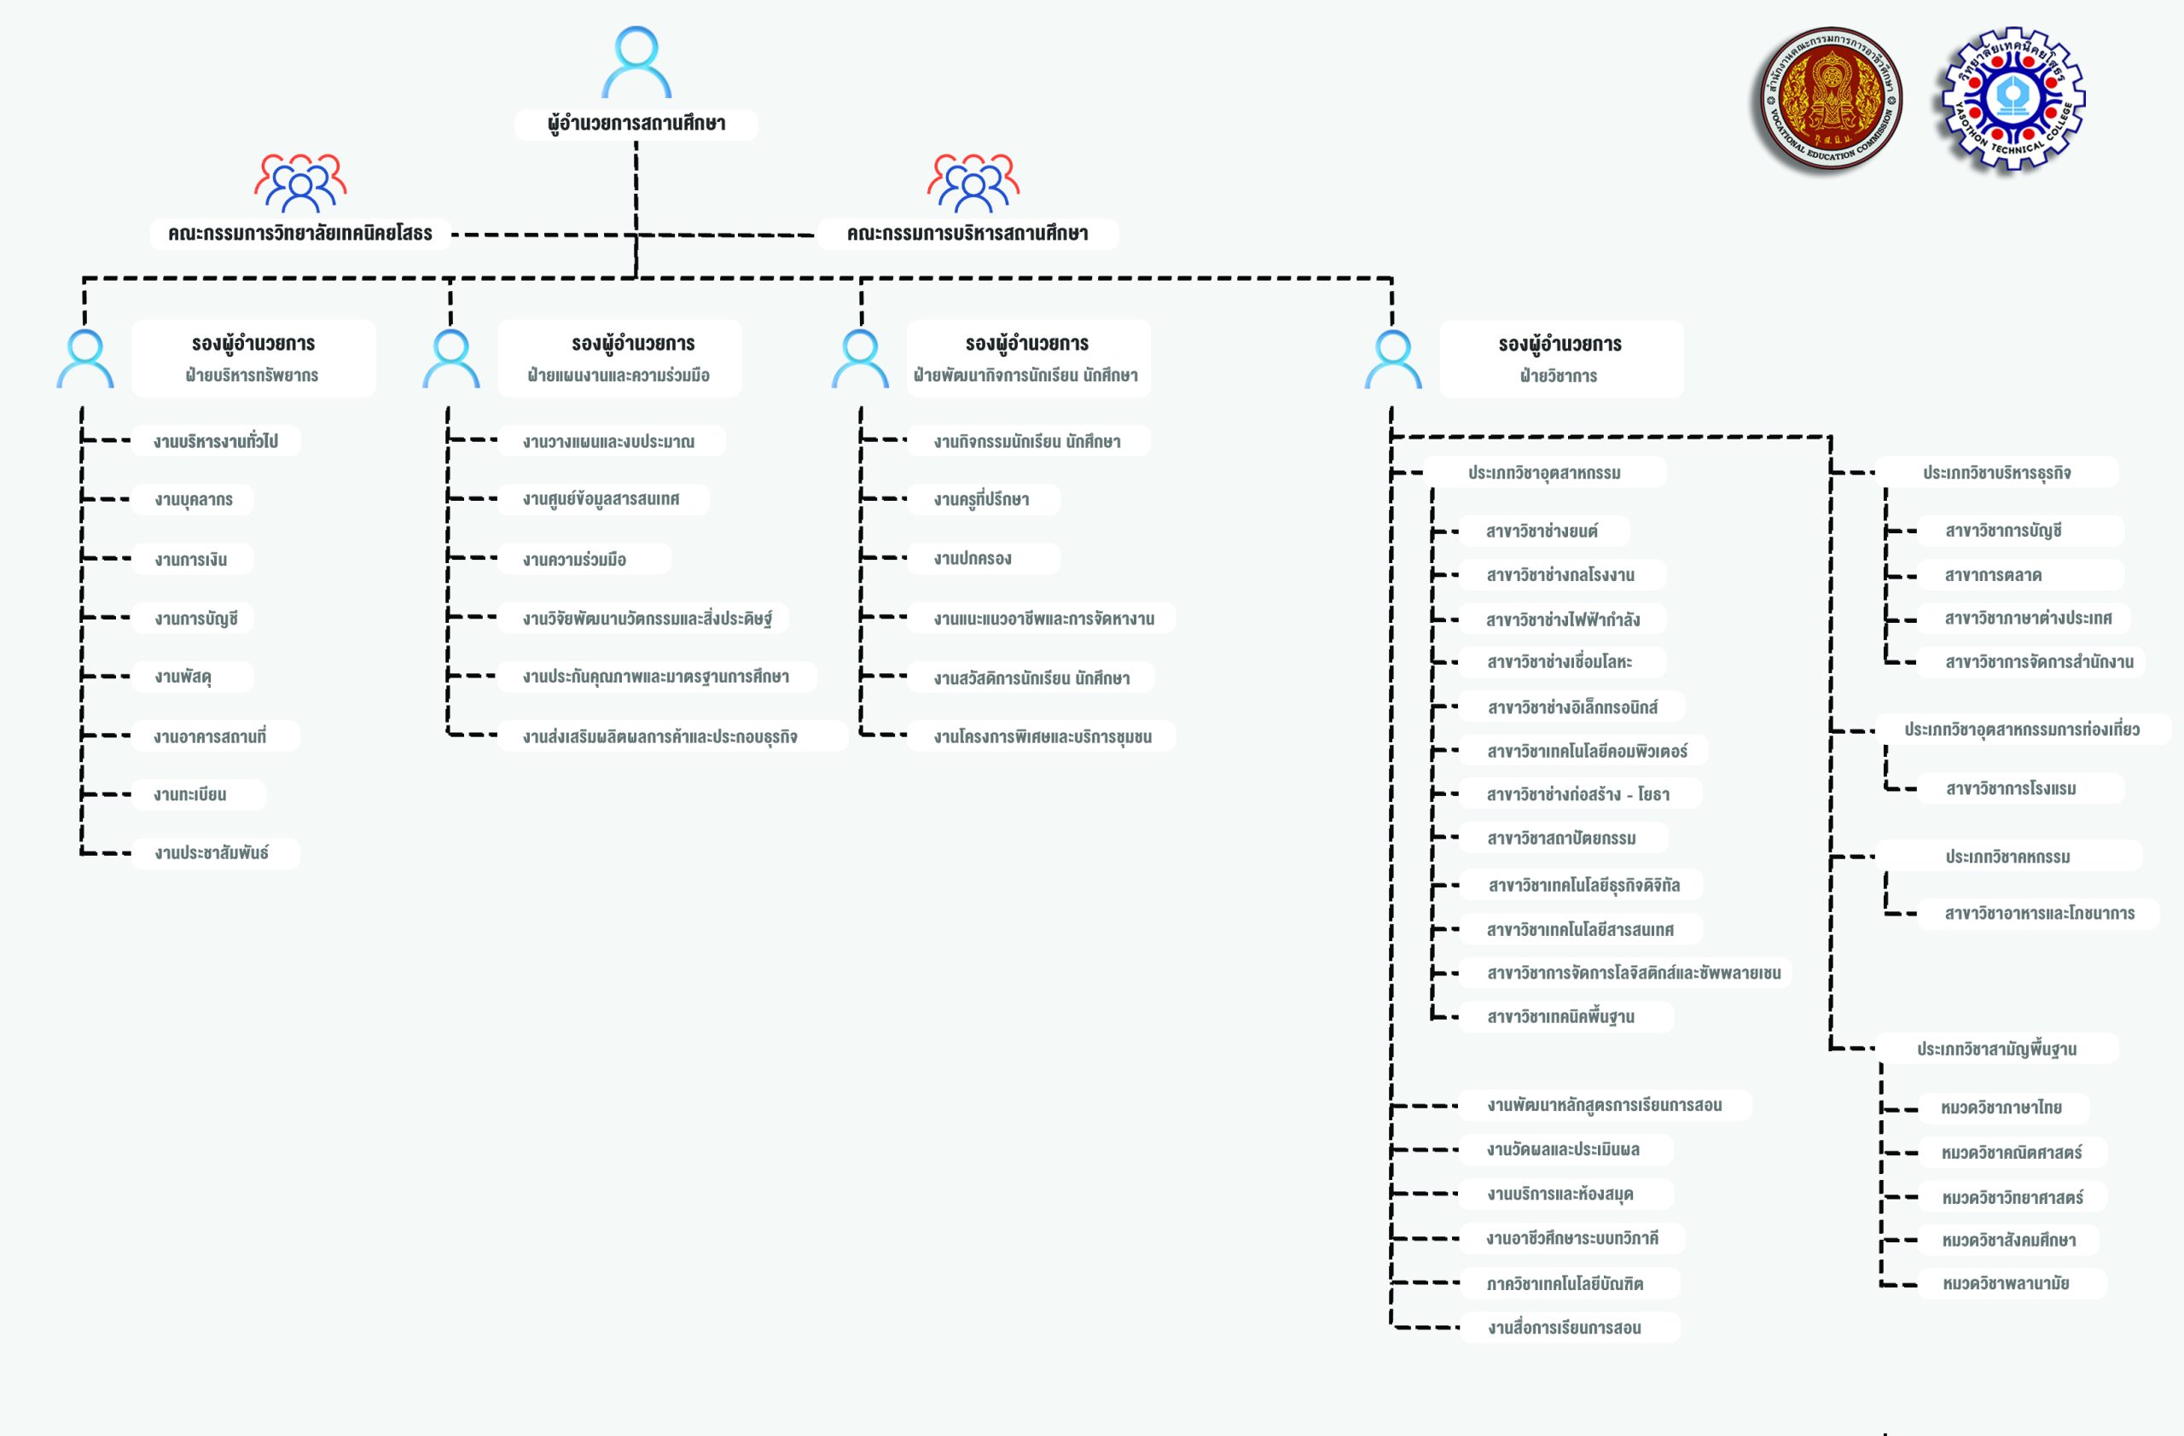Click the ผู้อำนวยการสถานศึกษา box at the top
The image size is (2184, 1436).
636,124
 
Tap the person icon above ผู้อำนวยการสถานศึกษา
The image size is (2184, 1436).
636,61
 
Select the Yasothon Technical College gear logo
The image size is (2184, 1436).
2013,98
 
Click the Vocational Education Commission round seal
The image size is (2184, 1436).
1831,98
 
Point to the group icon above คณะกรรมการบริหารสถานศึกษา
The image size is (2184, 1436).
973,183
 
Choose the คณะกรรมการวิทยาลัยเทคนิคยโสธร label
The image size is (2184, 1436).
300,233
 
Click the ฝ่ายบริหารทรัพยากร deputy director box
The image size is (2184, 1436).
253,358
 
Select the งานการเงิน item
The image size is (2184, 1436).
192,559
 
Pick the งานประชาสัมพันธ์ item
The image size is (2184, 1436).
216,852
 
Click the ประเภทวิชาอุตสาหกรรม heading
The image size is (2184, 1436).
1544,473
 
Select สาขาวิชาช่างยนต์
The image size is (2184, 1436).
1544,531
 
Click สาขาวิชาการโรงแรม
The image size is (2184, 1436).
2021,788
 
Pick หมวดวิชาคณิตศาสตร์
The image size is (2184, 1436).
2013,1153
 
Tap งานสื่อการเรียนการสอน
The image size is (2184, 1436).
1569,1327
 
